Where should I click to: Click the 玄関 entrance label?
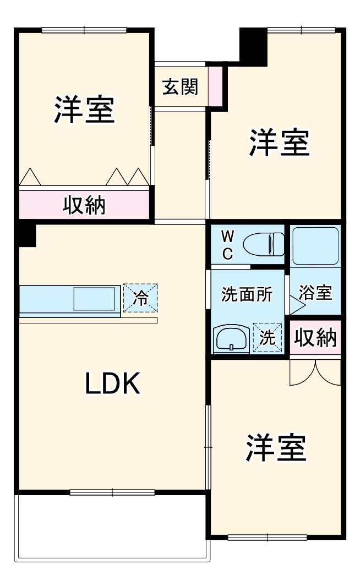click(180, 86)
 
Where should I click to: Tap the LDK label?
click(113, 383)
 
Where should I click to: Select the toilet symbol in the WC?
click(264, 244)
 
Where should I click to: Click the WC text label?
click(227, 245)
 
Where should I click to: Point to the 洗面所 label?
click(247, 294)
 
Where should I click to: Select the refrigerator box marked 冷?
click(140, 298)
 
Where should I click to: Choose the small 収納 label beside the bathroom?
click(315, 338)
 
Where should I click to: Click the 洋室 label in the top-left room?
click(84, 110)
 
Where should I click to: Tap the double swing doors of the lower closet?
click(315, 372)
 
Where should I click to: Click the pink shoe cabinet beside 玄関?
click(215, 86)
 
